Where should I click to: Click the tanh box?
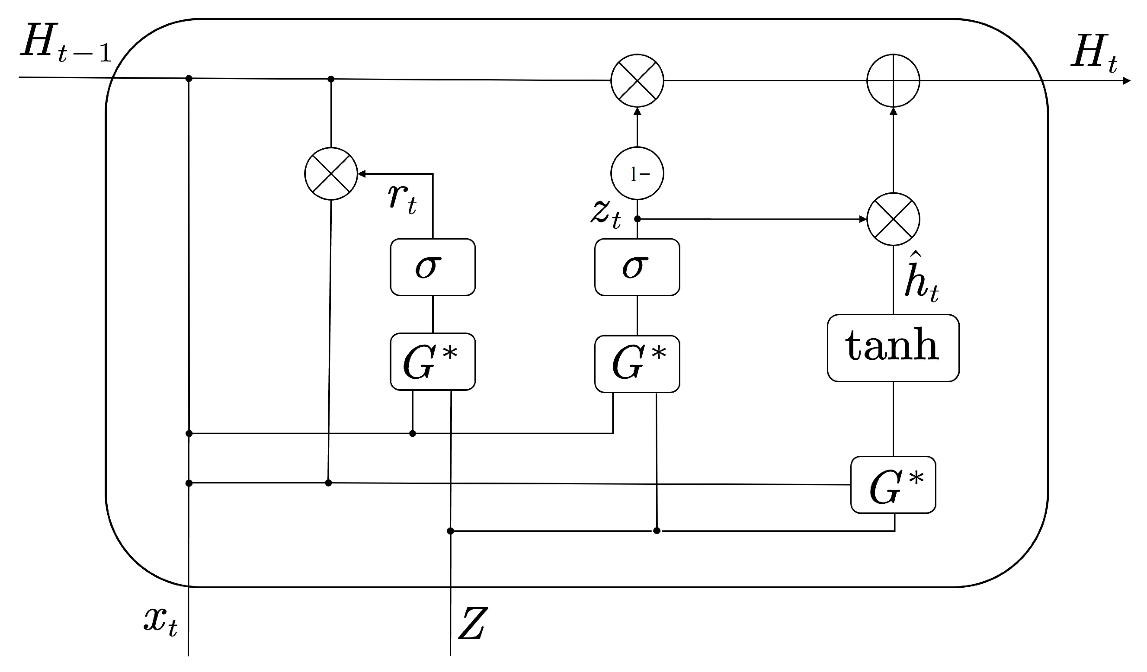point(893,348)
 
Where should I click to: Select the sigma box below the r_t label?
point(433,267)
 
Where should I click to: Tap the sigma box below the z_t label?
point(637,267)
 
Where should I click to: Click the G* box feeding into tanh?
point(893,485)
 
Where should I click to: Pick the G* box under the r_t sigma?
point(433,362)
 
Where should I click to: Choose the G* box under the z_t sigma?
point(637,364)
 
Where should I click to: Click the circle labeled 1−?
point(637,173)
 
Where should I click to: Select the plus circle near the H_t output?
point(893,81)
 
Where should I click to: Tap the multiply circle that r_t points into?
point(331,173)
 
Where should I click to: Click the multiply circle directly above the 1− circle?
point(637,81)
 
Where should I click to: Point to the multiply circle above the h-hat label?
point(893,219)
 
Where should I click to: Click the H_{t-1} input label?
point(66,43)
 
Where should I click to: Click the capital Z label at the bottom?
point(472,623)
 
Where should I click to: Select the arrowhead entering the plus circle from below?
point(893,111)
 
